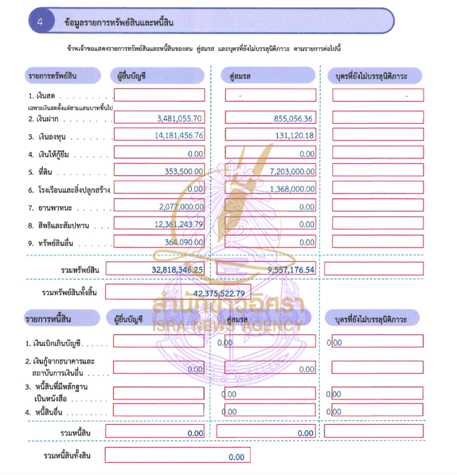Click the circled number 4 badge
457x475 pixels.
click(41, 22)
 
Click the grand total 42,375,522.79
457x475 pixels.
click(219, 293)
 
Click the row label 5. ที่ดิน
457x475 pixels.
click(42, 171)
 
